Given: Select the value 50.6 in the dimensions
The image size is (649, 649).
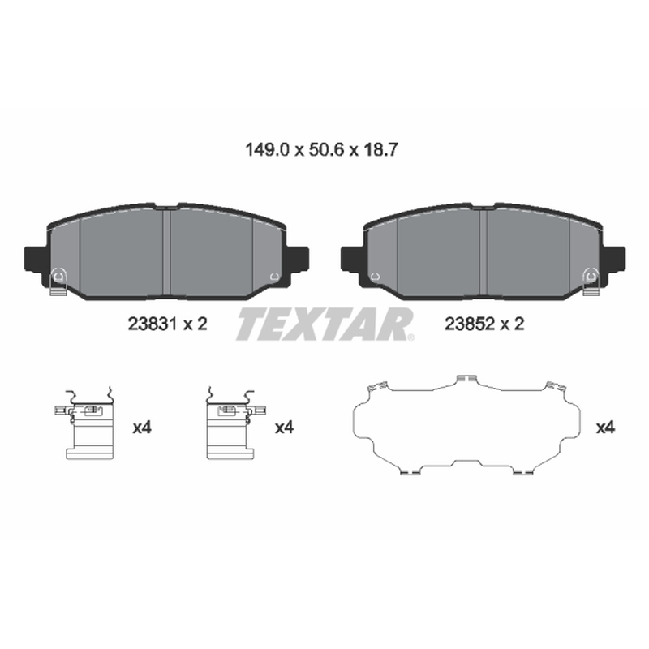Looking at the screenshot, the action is pyautogui.click(x=326, y=149).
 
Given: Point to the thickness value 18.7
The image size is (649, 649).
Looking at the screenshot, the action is pyautogui.click(x=380, y=149).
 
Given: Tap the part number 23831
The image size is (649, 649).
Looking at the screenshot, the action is pyautogui.click(x=153, y=324).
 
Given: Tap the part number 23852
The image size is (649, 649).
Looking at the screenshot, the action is pyautogui.click(x=470, y=324).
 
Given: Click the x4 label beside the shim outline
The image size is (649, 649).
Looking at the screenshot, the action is pyautogui.click(x=605, y=428).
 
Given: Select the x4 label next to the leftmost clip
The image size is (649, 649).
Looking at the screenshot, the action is pyautogui.click(x=142, y=428).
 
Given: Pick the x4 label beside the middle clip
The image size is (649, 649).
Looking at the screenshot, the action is pyautogui.click(x=285, y=428).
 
